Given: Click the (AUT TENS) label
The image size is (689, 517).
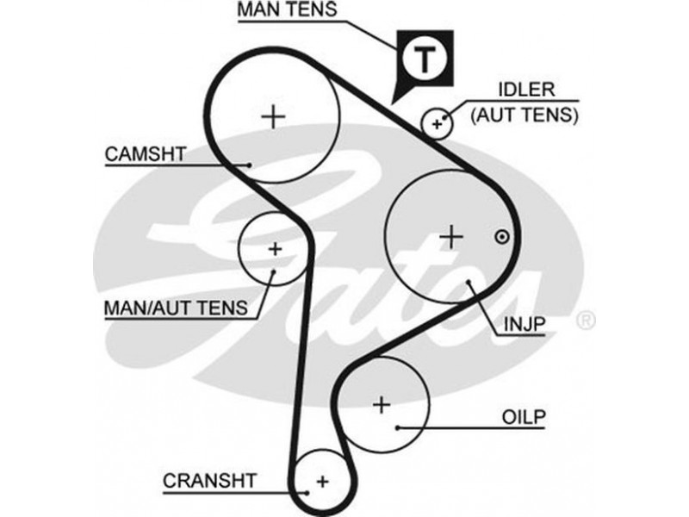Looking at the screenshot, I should click(525, 113).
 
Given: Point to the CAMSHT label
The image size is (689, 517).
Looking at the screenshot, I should click(146, 155).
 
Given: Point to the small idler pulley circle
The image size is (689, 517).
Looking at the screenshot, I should click(437, 124).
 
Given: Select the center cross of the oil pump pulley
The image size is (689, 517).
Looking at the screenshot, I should click(382, 403).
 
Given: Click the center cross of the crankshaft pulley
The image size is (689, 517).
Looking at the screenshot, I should click(322, 479).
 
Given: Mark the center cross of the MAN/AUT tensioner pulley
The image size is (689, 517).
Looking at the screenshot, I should click(274, 249).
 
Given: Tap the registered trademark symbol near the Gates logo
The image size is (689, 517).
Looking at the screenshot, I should click(586, 321).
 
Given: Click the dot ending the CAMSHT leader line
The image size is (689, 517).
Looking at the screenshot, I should click(249, 165).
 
